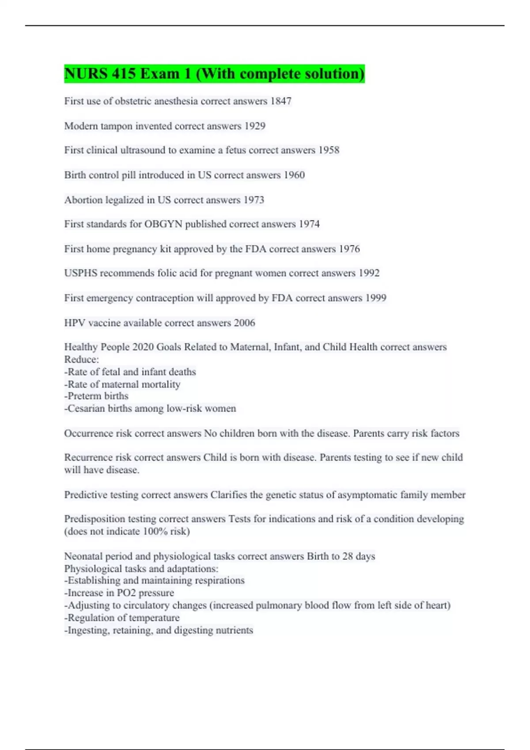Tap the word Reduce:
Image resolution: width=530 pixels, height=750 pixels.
[82, 359]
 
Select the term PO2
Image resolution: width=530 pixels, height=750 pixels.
[126, 593]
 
